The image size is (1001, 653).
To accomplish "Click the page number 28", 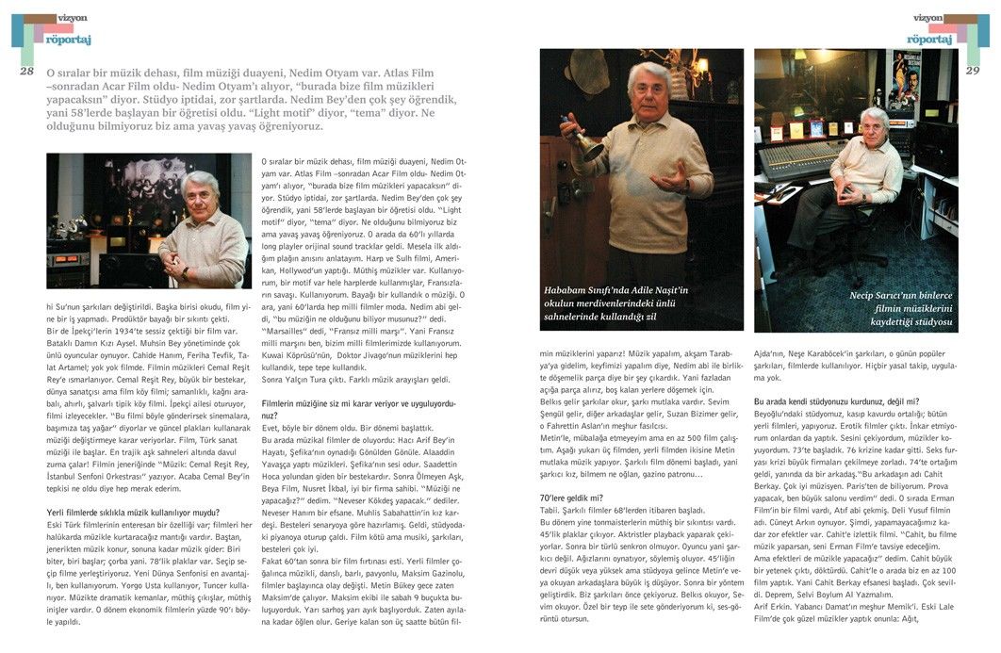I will (x=26, y=71).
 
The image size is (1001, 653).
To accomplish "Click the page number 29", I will (x=973, y=71).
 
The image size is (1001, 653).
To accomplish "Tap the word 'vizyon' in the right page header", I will (x=927, y=17).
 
